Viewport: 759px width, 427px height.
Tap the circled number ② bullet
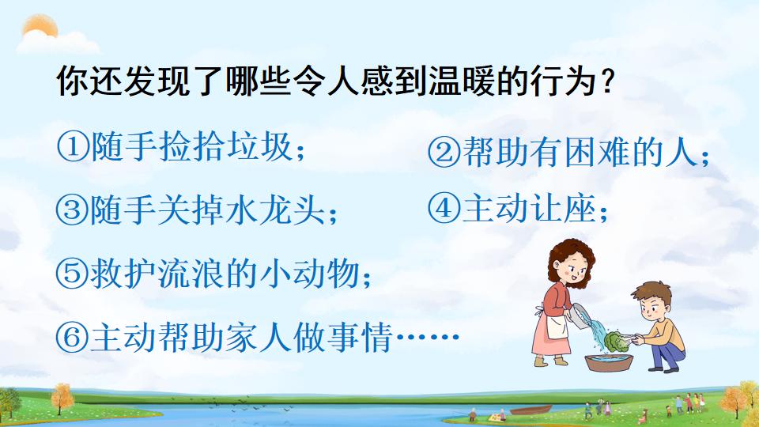click(441, 153)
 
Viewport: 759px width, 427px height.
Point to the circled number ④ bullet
click(441, 209)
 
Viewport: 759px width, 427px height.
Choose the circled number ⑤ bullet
click(72, 274)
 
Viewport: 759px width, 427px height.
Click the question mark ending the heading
click(606, 81)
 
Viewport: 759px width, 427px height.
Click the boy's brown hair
click(649, 289)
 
